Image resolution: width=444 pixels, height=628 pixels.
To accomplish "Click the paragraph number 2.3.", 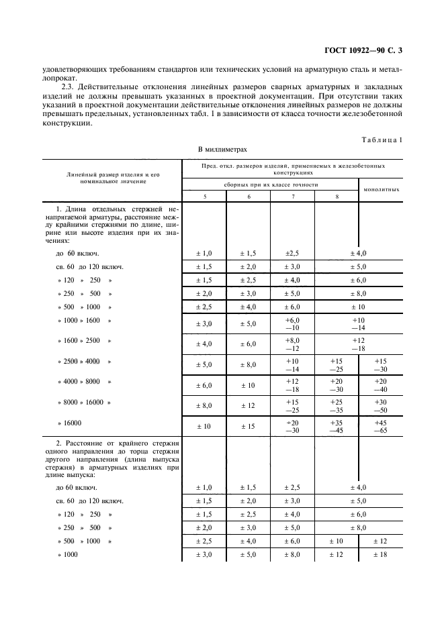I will coord(68,87).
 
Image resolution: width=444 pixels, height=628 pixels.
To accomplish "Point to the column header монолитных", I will coord(382,189).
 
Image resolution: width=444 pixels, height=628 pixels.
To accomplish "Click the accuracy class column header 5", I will coord(204,196).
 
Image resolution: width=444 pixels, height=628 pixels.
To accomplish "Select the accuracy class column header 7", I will coord(293,196).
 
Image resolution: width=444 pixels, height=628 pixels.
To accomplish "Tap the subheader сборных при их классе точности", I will coord(270,184).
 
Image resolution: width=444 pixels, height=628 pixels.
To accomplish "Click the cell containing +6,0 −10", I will coord(293,324).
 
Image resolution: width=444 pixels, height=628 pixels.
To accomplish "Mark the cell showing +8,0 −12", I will coord(293,345).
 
